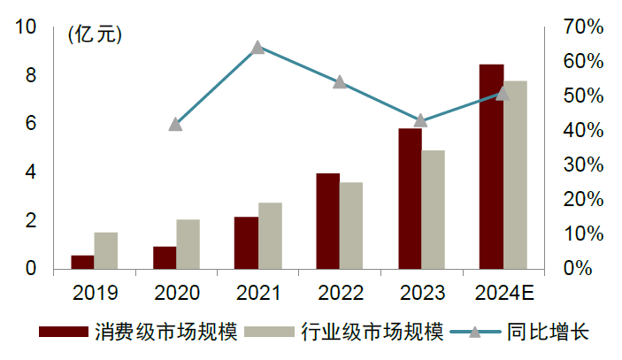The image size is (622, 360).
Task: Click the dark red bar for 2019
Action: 82,262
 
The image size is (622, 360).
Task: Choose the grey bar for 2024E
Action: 515,174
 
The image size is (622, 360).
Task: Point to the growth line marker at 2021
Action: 257,47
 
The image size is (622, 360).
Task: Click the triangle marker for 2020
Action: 175,124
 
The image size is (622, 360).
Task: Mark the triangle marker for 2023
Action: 421,120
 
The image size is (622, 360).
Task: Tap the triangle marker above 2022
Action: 339,82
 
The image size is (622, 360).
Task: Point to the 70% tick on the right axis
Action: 582,27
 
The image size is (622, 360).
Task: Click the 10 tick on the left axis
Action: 27,27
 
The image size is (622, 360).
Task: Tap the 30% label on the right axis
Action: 582,165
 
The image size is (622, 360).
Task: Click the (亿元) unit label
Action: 96,34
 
